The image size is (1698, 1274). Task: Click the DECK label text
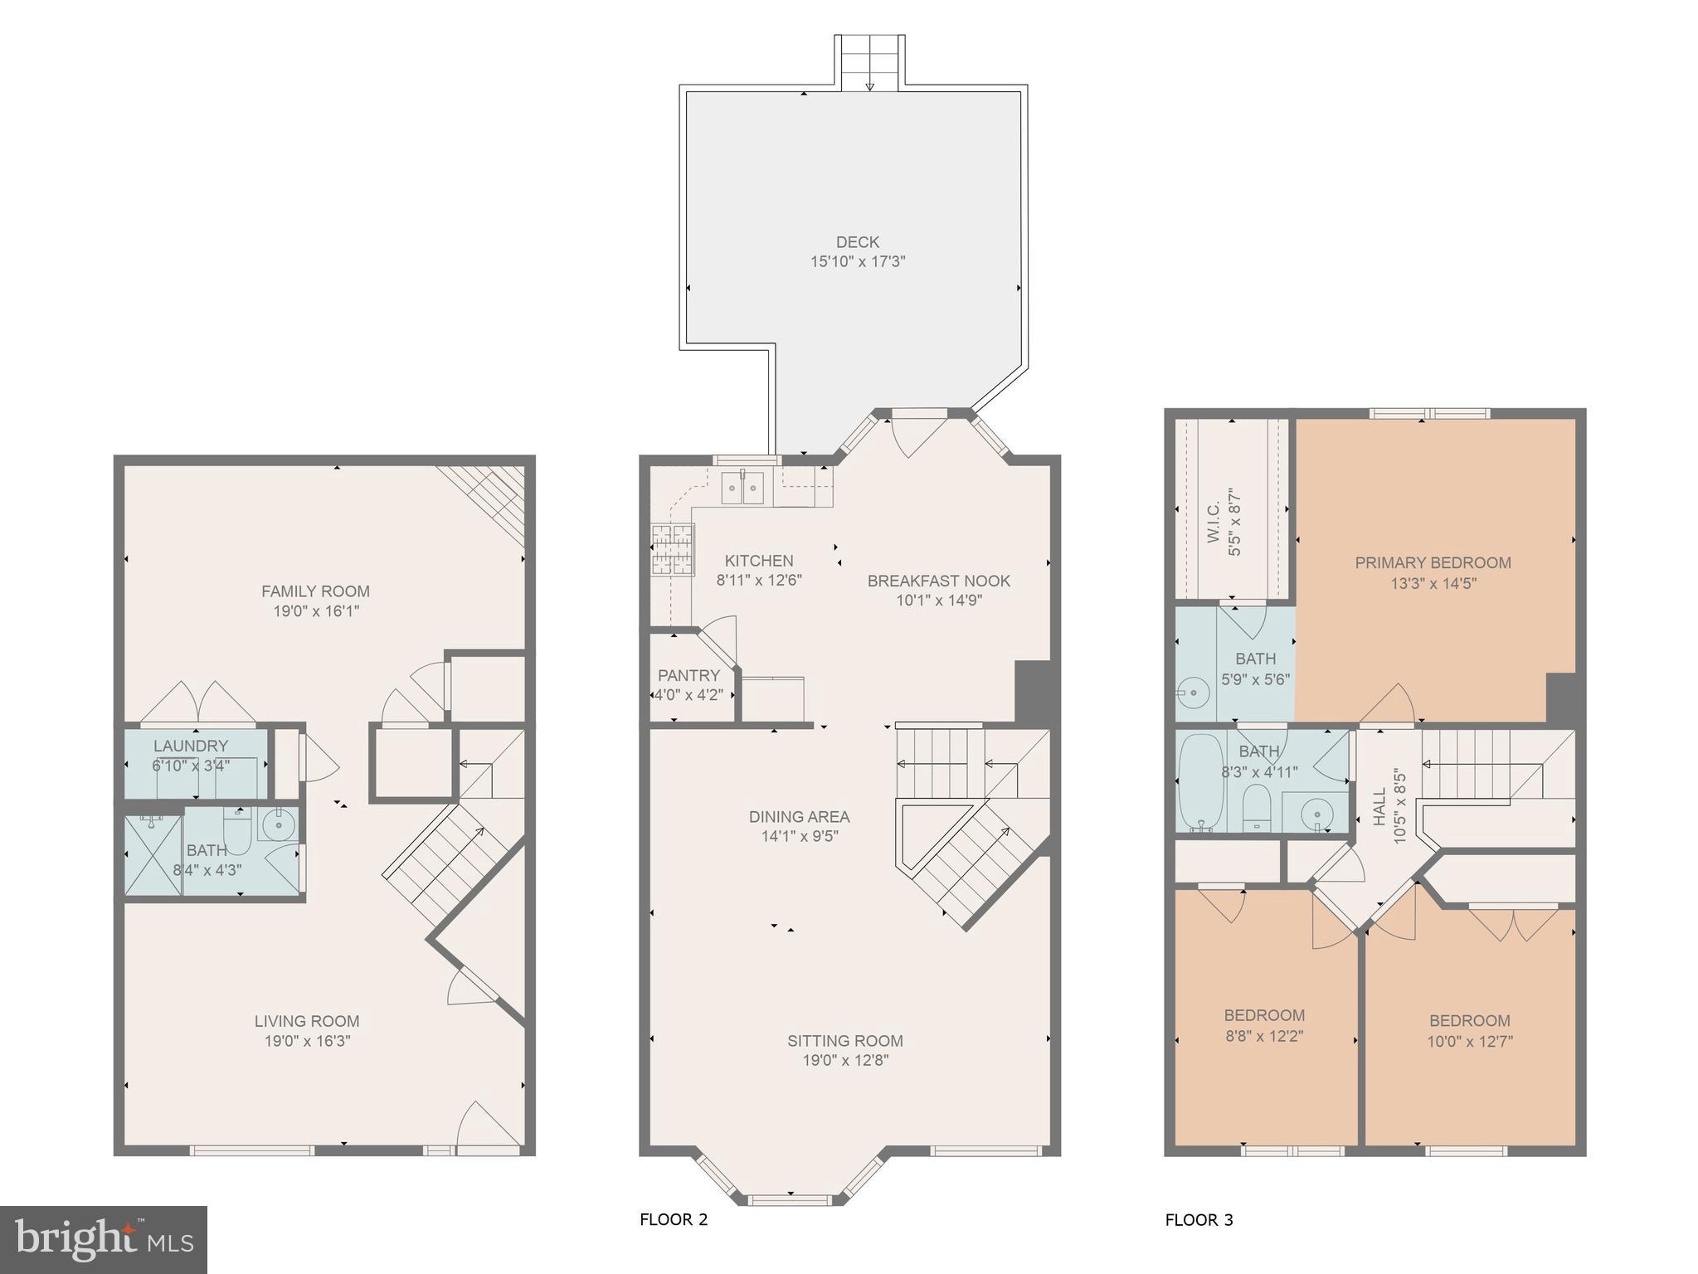click(x=857, y=242)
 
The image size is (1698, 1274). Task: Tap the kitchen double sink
click(x=742, y=488)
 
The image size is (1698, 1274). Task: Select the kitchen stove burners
click(x=671, y=549)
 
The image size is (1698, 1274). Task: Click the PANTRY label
click(x=688, y=675)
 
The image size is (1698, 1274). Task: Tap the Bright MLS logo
click(x=104, y=1239)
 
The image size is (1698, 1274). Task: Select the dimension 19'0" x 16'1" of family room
click(x=316, y=611)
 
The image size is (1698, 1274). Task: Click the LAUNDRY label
click(x=190, y=746)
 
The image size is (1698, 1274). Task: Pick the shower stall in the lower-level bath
click(x=153, y=855)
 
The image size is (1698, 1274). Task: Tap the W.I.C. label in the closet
click(x=1213, y=522)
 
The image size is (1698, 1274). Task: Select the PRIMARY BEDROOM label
click(x=1433, y=562)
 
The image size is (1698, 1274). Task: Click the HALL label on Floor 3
click(x=1379, y=806)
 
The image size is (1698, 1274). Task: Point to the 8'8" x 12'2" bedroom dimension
click(x=1264, y=1036)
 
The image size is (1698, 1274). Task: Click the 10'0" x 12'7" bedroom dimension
click(x=1469, y=1041)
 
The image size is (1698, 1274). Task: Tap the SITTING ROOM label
click(x=844, y=1040)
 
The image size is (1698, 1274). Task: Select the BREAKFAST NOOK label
click(x=938, y=581)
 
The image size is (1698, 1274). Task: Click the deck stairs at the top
click(x=868, y=62)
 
